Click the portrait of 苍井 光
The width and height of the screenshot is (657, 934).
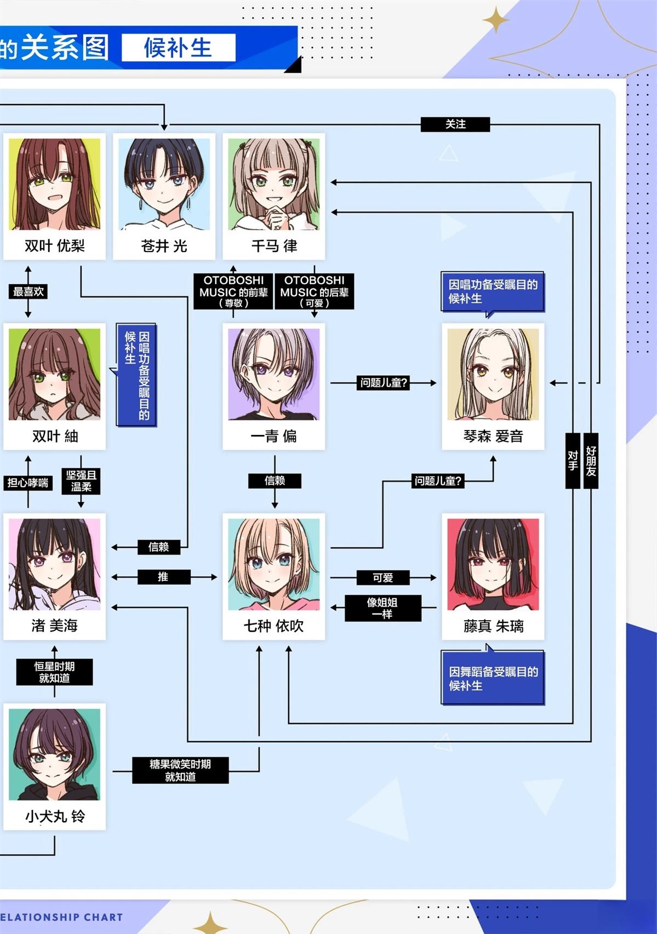pos(164,185)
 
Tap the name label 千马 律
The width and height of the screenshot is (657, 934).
pos(274,246)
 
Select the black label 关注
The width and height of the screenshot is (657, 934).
pos(455,124)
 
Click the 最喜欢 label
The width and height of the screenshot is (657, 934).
pos(28,291)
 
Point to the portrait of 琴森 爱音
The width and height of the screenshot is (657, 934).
pos(493,374)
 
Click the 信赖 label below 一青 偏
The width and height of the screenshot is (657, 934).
pos(275,481)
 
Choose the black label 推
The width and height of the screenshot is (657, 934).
pos(163,577)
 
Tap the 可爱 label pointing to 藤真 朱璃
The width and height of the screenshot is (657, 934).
pos(382,577)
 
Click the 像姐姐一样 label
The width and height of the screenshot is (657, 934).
pos(382,608)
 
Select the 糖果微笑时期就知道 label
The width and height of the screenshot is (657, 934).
pos(180,770)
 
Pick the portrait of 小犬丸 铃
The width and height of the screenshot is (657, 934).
pos(54,754)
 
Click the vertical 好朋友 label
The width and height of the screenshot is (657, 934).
pos(591,461)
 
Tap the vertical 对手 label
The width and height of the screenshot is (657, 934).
pos(573,461)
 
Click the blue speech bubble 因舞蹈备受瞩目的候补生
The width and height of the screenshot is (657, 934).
pos(492,678)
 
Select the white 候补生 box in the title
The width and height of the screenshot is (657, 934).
pos(178,48)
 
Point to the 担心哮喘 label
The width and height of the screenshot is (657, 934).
pos(28,483)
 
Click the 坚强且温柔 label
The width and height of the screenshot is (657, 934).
pos(81,481)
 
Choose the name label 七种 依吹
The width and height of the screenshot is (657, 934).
pos(273,626)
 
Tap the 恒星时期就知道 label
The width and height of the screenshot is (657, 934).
pos(54,672)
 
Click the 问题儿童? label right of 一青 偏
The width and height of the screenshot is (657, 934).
pos(384,383)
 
